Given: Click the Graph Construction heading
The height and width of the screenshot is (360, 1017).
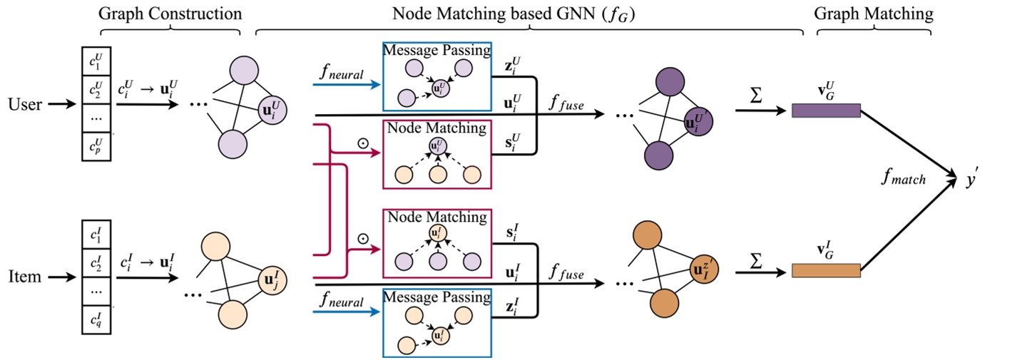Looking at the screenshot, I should [170, 14].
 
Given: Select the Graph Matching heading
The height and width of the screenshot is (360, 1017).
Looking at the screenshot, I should [873, 14].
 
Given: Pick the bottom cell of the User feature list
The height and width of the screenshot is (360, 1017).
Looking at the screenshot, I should [95, 145].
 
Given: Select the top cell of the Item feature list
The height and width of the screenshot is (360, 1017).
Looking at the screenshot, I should [95, 235].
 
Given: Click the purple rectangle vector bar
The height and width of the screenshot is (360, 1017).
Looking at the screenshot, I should [826, 110].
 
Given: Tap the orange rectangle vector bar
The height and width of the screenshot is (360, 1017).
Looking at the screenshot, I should [826, 271].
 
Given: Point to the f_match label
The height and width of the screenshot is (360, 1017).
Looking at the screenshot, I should [902, 180].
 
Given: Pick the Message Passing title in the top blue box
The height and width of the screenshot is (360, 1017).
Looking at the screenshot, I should [436, 51].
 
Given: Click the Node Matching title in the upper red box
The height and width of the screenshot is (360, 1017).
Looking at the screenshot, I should [436, 129].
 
